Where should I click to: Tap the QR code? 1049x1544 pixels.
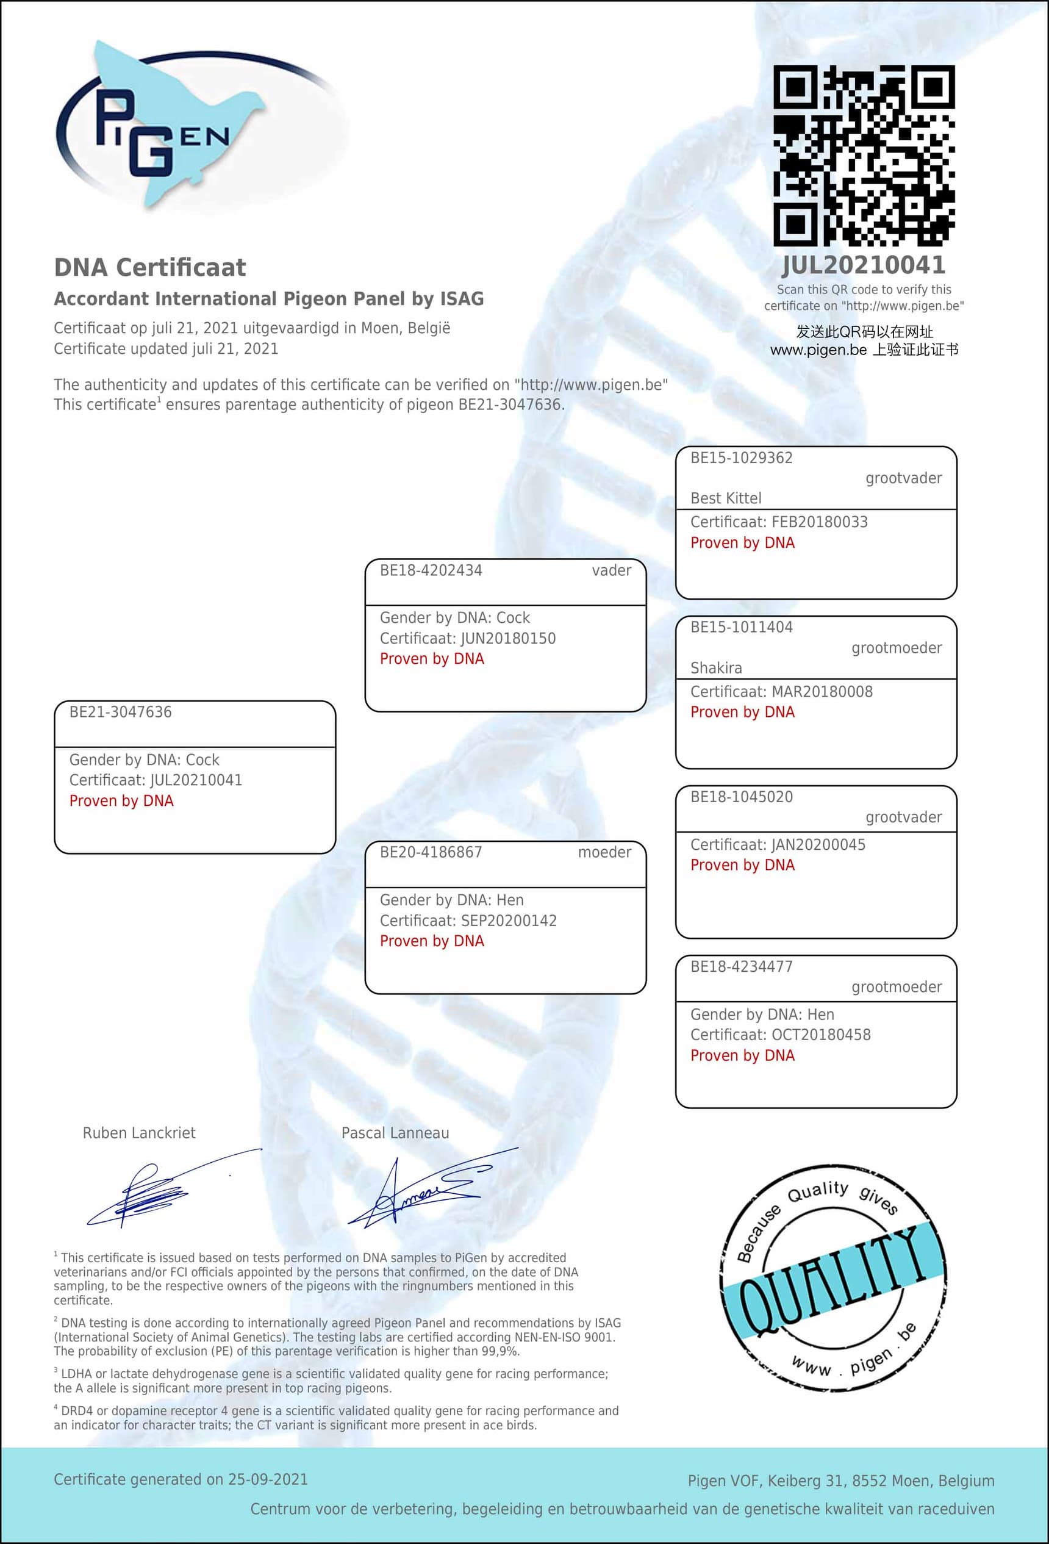coord(864,156)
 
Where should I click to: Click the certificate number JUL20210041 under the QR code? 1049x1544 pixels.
coord(864,266)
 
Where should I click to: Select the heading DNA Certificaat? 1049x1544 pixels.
coord(150,267)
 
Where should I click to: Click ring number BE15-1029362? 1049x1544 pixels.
coord(742,458)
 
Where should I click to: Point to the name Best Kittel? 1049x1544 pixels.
coord(726,498)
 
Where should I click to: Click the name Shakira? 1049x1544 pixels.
coord(716,668)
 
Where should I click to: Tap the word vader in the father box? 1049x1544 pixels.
coord(611,570)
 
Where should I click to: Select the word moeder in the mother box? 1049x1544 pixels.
coord(604,852)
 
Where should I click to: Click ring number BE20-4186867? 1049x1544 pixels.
coord(431,852)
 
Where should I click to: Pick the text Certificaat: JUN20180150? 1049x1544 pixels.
coord(468,639)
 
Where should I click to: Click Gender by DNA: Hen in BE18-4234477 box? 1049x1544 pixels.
coord(762,1014)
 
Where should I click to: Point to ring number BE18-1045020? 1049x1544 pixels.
coord(742,797)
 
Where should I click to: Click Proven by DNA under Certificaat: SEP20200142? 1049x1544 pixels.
coord(432,941)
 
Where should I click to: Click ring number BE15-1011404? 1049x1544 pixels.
coord(742,627)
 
